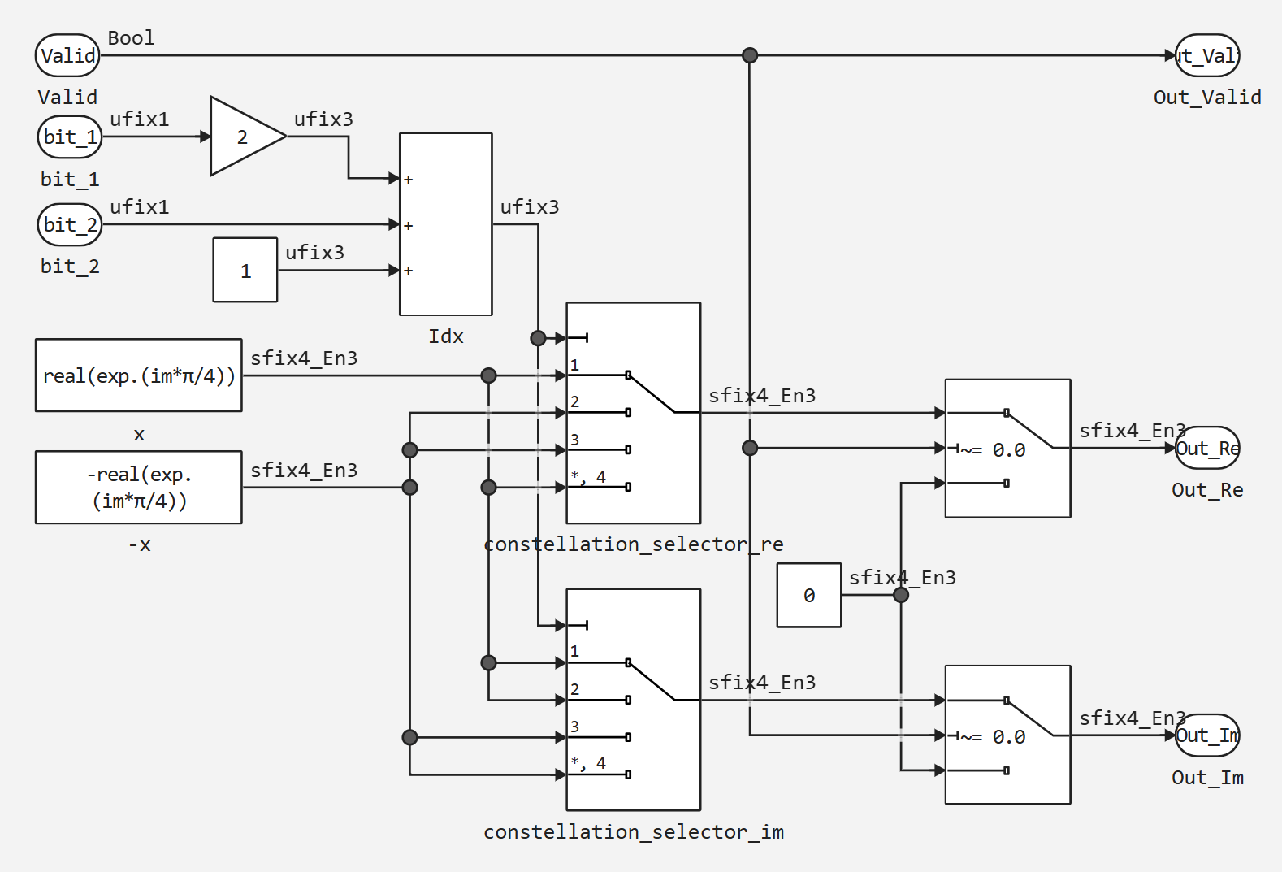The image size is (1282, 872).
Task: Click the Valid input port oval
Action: pos(67,55)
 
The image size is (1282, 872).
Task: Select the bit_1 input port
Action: pos(70,137)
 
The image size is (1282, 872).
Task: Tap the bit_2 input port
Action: pos(70,224)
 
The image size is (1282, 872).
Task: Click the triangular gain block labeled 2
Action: pos(242,137)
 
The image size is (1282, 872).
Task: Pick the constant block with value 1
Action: pos(245,270)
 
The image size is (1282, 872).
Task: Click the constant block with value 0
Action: pos(809,595)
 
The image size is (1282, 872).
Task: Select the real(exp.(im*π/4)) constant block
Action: pos(139,375)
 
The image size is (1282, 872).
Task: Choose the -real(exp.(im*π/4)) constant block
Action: pos(139,488)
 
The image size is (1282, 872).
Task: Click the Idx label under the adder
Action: pos(446,336)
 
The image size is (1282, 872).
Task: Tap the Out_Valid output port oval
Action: pos(1207,55)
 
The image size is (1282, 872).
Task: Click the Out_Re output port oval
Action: pos(1207,448)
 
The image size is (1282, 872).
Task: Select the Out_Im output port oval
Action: pos(1207,735)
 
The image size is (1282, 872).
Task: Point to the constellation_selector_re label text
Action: pos(634,544)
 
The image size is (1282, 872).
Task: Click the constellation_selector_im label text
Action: pos(634,832)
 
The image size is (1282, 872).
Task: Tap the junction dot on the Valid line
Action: pos(750,55)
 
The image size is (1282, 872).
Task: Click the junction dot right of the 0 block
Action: pos(901,595)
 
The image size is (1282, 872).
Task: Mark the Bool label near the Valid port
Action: pos(131,38)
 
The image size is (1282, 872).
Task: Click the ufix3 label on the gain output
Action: pos(323,119)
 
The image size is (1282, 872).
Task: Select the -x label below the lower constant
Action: pos(139,545)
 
